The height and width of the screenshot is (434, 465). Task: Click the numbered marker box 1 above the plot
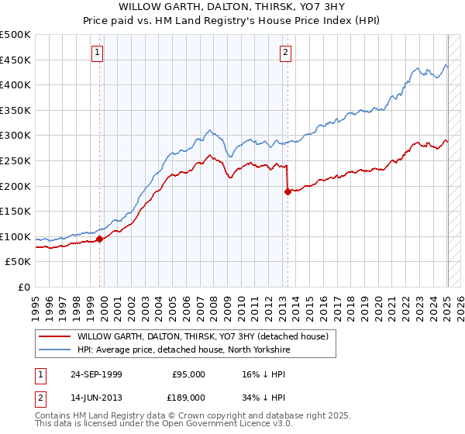98,53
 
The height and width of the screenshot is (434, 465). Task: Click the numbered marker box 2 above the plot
285,53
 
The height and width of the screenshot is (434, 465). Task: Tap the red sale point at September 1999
100,239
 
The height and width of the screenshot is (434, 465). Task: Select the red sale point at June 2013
288,191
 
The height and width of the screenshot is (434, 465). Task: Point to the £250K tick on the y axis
15,160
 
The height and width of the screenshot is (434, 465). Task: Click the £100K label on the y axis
15,236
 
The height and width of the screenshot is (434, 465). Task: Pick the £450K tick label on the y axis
15,60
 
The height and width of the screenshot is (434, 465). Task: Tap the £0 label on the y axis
25,287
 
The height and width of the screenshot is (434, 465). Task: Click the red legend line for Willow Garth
54,336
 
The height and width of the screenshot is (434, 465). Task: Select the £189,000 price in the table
188,396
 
